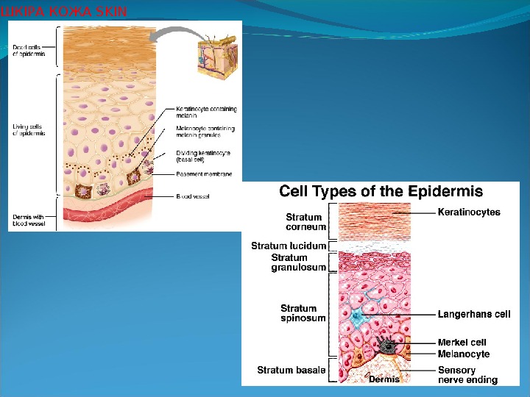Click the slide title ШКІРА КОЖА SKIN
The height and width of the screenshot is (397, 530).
(64, 11)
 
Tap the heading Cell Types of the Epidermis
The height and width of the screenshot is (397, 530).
(381, 192)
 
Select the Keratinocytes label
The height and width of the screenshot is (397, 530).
(469, 212)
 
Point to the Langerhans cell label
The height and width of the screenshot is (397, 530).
(474, 314)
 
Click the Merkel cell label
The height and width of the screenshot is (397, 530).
(462, 343)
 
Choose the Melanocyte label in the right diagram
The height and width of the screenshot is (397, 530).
(464, 354)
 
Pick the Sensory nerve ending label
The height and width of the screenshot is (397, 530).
(467, 375)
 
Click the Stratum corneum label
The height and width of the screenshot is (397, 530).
(304, 222)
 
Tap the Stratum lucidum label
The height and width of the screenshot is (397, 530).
(289, 246)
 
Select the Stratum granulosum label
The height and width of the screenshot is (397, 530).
(298, 262)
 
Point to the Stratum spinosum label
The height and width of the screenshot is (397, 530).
(298, 313)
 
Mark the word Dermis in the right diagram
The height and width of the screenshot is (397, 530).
(384, 379)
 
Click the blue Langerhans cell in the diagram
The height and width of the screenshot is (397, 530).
(358, 317)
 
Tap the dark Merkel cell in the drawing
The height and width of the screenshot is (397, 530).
(387, 345)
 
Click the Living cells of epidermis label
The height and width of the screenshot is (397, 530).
(29, 130)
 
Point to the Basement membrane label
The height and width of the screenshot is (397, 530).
(204, 174)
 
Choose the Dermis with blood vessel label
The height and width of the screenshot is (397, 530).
(29, 220)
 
